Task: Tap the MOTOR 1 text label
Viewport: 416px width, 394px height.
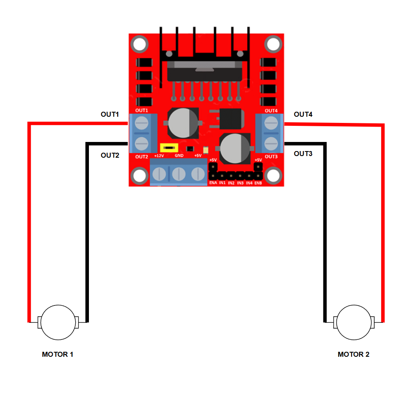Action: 57,354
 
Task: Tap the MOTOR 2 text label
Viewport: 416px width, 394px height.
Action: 354,354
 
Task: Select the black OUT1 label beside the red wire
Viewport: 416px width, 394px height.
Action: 110,114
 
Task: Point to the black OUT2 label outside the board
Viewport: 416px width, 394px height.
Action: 110,156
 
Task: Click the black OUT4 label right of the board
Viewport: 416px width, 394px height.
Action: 303,114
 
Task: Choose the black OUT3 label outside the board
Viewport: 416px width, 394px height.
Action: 303,154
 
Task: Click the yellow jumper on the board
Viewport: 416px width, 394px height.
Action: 169,148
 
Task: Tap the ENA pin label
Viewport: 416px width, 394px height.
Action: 213,183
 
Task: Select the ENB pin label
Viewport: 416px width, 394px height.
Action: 258,183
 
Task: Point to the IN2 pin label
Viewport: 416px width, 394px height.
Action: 231,183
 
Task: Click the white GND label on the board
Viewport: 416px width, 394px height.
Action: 179,156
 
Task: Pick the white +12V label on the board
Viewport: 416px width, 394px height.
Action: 159,156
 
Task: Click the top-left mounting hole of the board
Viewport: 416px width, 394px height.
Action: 140,44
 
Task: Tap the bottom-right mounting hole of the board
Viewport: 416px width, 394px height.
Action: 273,176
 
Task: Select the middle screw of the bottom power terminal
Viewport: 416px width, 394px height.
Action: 179,174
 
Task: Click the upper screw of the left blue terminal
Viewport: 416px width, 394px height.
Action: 142,123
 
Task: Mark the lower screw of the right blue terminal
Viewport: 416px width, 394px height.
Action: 271,144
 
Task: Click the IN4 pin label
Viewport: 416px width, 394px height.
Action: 249,183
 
